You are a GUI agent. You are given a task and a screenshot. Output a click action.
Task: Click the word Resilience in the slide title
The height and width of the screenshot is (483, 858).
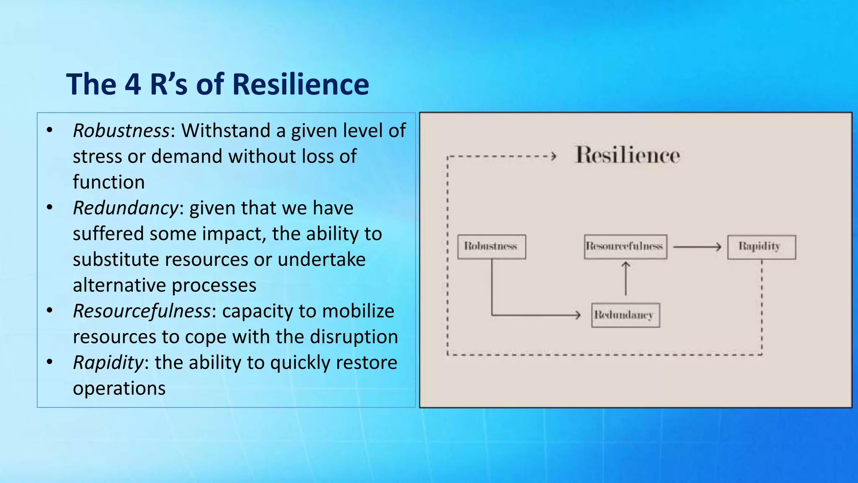(x=300, y=84)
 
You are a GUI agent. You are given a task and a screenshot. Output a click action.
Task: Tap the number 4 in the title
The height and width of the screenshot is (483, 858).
(x=132, y=84)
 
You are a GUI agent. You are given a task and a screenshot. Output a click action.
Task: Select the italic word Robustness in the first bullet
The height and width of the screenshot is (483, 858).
(x=121, y=130)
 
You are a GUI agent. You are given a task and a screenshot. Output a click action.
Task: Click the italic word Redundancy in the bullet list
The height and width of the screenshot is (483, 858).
(x=126, y=208)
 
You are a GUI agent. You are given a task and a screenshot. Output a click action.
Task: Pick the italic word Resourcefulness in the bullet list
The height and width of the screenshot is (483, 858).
(x=142, y=311)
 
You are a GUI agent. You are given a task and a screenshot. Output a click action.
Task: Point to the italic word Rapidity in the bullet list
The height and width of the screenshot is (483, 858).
(x=108, y=363)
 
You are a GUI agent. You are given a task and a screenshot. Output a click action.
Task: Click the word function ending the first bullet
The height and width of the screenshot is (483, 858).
(x=109, y=182)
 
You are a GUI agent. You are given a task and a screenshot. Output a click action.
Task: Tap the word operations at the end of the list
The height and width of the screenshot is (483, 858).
(x=119, y=388)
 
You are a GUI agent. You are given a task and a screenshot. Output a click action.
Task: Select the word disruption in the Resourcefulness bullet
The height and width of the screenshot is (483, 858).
(x=354, y=337)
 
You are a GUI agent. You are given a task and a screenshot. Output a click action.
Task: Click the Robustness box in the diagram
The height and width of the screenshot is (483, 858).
(x=491, y=247)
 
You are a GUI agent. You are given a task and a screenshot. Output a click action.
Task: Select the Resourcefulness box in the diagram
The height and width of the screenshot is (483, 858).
(x=625, y=247)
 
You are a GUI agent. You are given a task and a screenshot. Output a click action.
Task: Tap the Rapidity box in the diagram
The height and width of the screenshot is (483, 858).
(x=761, y=247)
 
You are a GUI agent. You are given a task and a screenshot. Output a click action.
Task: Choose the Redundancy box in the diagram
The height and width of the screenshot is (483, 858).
(x=625, y=315)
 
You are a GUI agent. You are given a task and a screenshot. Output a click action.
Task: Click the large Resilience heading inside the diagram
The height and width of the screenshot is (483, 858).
(x=627, y=155)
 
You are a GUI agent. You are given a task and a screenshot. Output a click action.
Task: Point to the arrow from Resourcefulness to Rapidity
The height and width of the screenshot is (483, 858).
(x=697, y=247)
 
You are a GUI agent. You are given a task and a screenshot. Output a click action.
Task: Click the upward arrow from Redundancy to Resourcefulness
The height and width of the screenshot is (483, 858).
(x=625, y=279)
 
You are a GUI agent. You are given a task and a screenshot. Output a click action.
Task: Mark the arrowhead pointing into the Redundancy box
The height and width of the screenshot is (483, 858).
(x=578, y=314)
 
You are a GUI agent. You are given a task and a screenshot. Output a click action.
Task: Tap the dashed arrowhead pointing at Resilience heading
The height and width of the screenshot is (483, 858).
(x=553, y=156)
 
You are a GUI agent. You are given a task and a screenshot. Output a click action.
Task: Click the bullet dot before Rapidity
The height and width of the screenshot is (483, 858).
(x=49, y=361)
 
